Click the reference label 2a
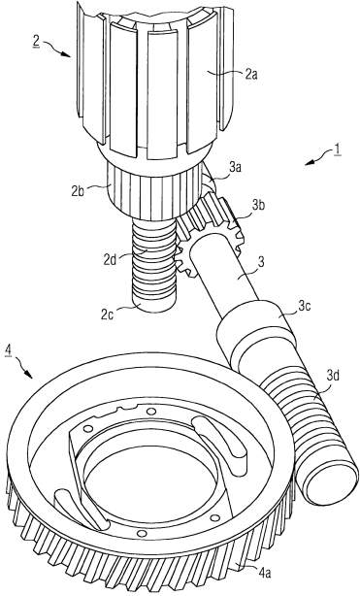coord(251,75)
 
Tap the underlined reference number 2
coord(36,42)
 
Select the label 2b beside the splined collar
coord(78,191)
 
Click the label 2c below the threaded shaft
coord(107,315)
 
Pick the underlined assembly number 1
coord(337,149)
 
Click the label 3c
coord(304,306)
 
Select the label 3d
coord(334,376)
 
